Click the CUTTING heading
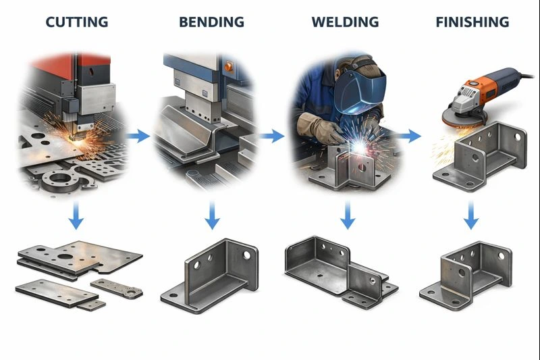pyautogui.click(x=76, y=22)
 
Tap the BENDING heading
pyautogui.click(x=211, y=22)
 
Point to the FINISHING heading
pyautogui.click(x=472, y=22)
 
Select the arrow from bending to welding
pyautogui.click(x=273, y=136)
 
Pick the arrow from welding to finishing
pyautogui.click(x=409, y=136)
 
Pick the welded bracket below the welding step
pyautogui.click(x=337, y=270)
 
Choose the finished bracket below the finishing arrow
pyautogui.click(x=466, y=274)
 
